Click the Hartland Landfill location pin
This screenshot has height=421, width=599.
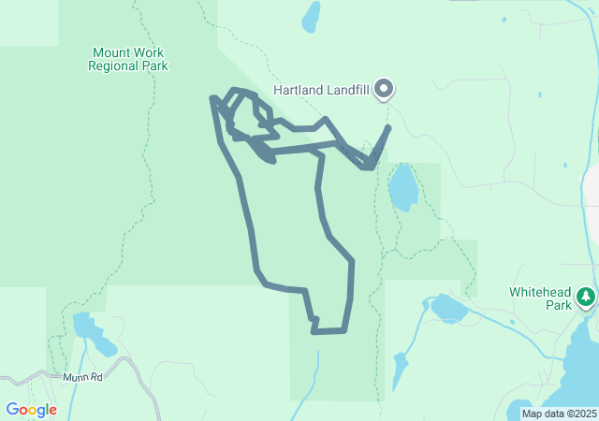coord(384,89)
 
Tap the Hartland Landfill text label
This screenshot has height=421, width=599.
coord(322,91)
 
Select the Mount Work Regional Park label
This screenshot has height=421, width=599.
coord(127,60)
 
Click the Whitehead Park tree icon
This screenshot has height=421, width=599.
coord(586,297)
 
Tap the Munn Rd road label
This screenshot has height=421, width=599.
coord(83,377)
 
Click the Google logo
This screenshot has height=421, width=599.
coord(31,410)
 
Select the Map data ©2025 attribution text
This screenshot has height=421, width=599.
coord(559,414)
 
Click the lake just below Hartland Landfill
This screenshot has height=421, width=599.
coord(402,188)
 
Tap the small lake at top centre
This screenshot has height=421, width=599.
coord(310,16)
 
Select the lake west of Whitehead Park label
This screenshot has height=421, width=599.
coord(448,308)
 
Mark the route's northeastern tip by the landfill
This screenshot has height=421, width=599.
coord(387,127)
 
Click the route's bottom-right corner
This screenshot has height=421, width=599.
coord(344,329)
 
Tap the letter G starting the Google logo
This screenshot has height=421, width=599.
coord(12,409)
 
